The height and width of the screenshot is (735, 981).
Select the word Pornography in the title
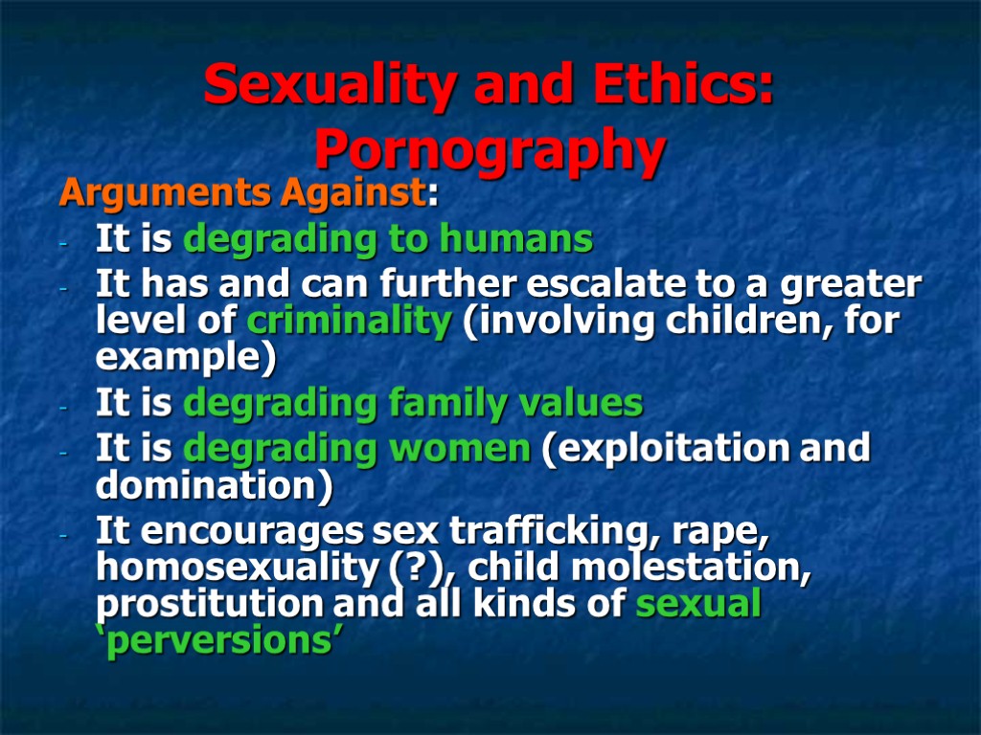(x=490, y=150)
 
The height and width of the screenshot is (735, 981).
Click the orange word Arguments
(x=166, y=194)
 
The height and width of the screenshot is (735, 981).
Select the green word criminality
(x=349, y=322)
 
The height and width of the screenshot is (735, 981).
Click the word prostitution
(x=210, y=605)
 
